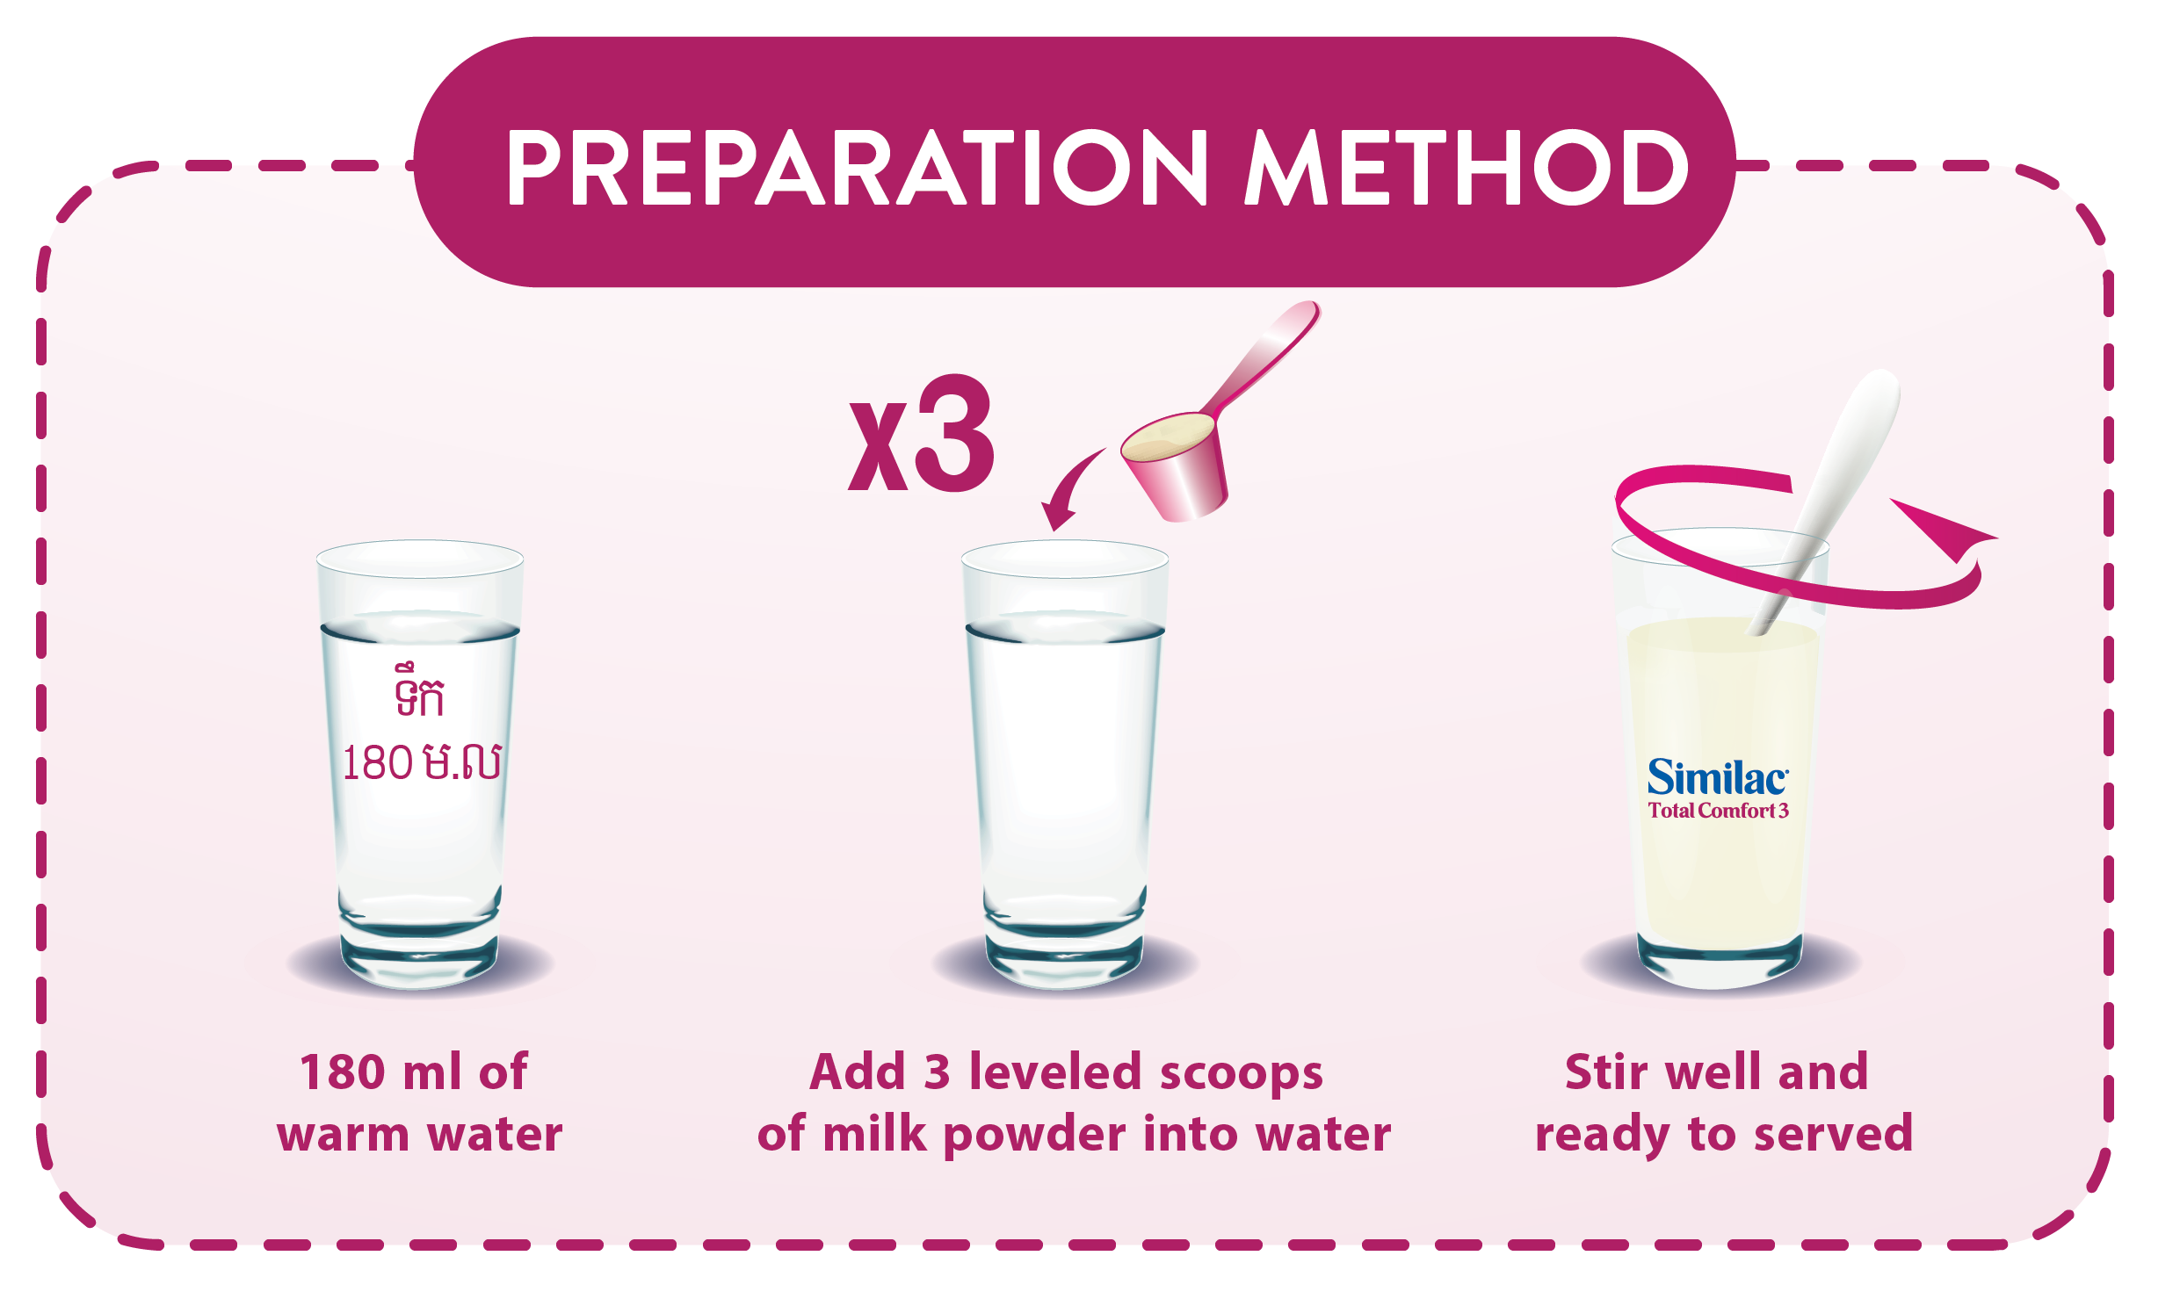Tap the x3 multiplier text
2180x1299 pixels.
click(921, 434)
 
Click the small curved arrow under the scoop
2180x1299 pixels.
click(1068, 488)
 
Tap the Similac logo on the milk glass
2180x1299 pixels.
click(1718, 777)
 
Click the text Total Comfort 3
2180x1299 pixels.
click(1718, 811)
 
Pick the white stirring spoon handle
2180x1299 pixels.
click(1828, 492)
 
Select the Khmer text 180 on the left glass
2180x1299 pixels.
click(377, 762)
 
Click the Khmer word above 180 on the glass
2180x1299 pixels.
click(420, 691)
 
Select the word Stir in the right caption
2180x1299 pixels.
click(1607, 1072)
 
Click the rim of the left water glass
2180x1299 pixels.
click(420, 559)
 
